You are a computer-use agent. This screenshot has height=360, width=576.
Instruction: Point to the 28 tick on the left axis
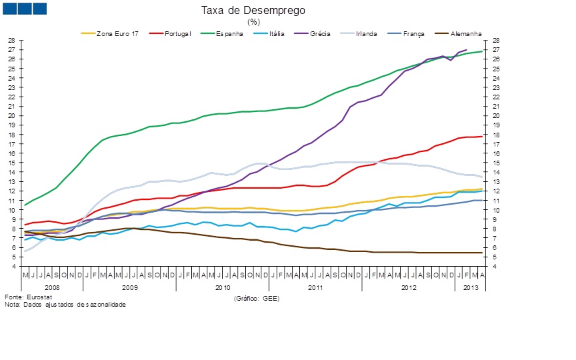click(x=12, y=41)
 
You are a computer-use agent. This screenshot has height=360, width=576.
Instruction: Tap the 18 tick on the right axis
click(x=497, y=135)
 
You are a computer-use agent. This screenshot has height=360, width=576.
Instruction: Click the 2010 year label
click(x=223, y=287)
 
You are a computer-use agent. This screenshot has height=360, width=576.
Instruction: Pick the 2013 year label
click(x=470, y=287)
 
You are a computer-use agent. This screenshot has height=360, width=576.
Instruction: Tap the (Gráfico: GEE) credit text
click(x=256, y=299)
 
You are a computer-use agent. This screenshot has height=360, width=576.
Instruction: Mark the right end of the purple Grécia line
click(x=466, y=50)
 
